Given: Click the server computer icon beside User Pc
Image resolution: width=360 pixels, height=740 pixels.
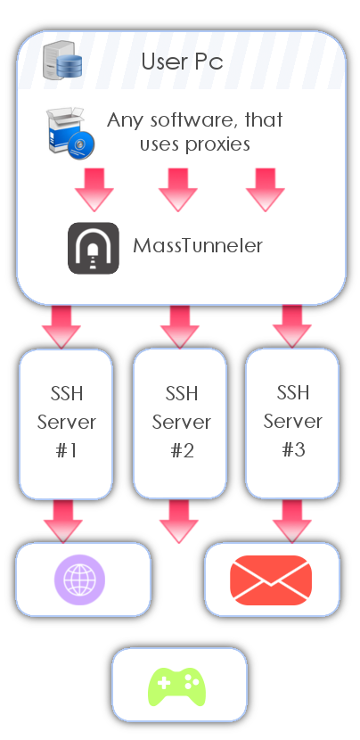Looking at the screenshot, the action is pos(62,60).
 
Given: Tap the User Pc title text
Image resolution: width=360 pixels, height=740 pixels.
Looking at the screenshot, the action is pos(182,62).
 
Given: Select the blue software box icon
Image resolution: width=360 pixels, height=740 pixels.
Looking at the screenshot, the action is pos(70,133).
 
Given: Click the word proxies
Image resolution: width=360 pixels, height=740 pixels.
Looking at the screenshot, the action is pos(217,144).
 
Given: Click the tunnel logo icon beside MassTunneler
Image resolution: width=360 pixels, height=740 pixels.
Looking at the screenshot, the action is pos(94,248).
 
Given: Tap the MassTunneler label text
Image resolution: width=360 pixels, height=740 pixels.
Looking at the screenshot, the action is pos(198,245).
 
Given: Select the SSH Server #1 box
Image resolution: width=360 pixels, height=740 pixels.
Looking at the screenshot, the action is pos(66,423).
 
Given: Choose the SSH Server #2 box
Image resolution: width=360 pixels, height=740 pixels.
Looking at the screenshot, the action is pos(180,423).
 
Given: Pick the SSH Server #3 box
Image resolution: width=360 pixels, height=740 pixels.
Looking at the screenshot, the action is pos(292,423).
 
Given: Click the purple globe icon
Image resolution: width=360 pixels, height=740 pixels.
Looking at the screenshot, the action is pos(79,580).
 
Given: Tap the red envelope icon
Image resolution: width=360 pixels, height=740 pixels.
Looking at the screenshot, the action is pos(271,580).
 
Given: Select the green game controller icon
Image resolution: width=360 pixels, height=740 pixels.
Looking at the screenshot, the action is pos(177,687).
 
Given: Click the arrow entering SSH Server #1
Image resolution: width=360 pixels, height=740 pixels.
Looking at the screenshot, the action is pos(61,326).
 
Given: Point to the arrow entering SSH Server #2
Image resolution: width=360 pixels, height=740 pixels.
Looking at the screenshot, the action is pos(180,326).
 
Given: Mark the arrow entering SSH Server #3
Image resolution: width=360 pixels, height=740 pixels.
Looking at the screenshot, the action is pos(292,326).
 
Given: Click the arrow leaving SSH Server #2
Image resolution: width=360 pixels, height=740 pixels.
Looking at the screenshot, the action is pos(179,521).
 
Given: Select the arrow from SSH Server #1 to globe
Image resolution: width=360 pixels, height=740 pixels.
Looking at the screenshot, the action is pos(63,521).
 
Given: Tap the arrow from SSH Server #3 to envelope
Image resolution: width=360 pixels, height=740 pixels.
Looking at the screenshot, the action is pos(292,521).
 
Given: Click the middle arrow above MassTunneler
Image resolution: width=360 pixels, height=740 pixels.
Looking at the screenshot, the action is pos(178,190).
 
